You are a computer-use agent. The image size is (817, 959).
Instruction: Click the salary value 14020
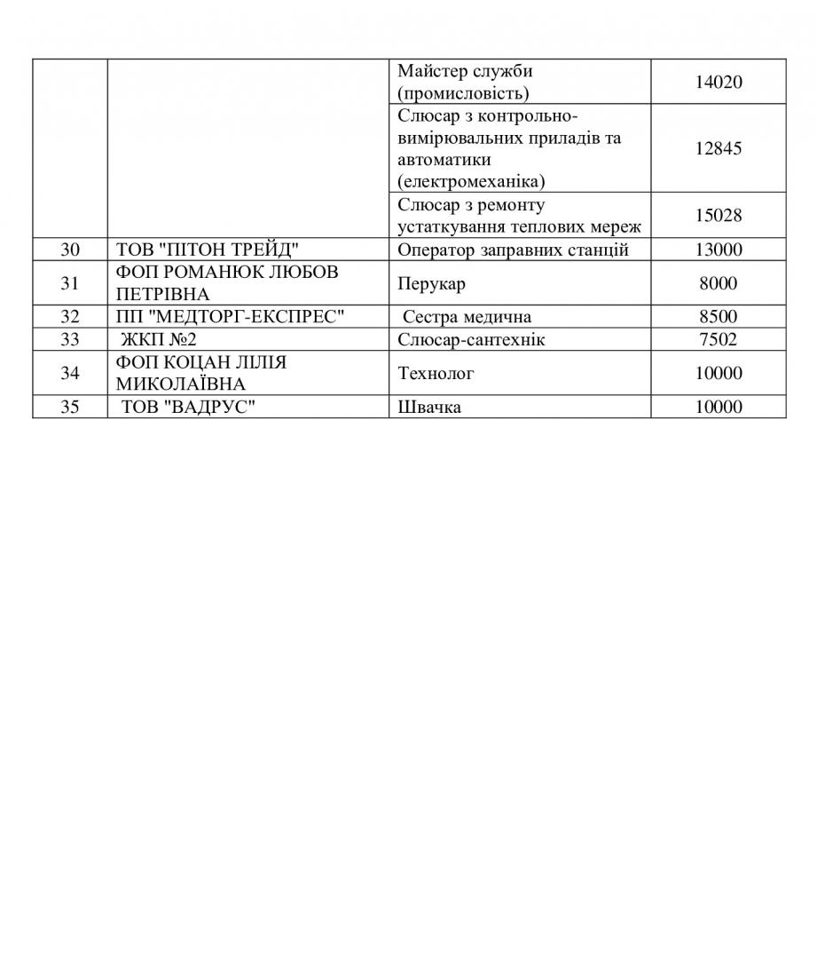pos(719,82)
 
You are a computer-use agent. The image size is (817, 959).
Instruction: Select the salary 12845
pos(719,148)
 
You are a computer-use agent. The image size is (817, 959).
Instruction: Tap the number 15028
pos(719,216)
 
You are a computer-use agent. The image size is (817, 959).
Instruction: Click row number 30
pos(70,250)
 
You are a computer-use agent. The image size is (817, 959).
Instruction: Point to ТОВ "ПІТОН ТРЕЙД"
pos(208,250)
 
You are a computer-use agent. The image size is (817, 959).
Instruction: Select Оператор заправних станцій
pos(513,250)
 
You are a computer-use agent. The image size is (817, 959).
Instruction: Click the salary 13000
pos(719,250)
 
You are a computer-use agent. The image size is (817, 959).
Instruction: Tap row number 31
pos(70,283)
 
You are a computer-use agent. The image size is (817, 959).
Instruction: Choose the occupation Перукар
pos(431,284)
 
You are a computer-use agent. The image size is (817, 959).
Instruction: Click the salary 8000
pos(719,283)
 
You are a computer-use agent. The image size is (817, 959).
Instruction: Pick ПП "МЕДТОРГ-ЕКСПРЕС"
pos(230,317)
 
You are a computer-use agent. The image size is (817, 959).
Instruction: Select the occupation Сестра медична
pos(467,317)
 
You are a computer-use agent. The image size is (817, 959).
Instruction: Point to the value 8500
pos(719,317)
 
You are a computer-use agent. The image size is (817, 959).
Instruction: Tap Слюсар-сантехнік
pos(471,339)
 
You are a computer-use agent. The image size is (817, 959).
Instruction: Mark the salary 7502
pos(719,339)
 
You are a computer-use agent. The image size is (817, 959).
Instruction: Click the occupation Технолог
pos(436,373)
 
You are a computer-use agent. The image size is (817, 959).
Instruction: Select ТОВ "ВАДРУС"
pos(182,407)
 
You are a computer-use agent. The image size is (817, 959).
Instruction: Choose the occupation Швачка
pos(429,408)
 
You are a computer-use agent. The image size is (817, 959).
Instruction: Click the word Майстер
pos(432,71)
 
